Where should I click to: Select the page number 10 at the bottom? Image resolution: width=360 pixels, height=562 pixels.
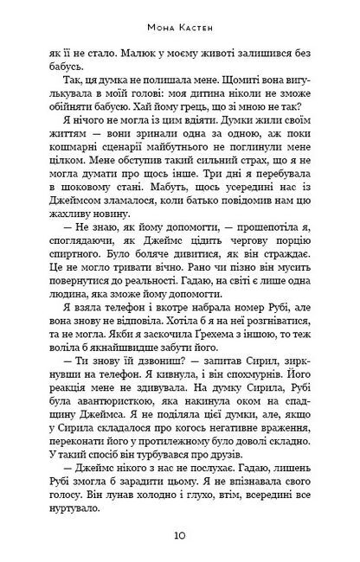click(x=179, y=536)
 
